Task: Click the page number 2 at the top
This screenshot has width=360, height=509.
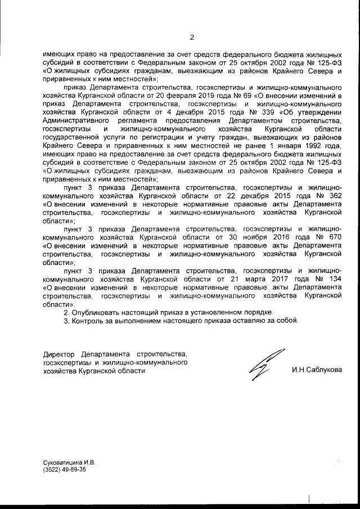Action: [191, 38]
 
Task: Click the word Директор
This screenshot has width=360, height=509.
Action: [59, 355]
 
